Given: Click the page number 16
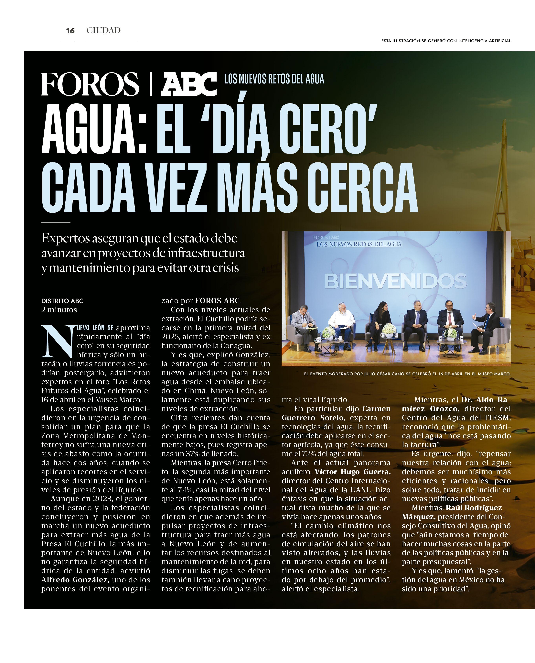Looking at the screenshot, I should (70, 30).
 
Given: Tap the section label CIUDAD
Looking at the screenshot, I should (103, 30).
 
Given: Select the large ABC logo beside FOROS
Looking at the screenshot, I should (189, 84).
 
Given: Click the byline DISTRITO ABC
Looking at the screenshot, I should (62, 301).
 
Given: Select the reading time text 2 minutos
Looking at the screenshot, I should (59, 310).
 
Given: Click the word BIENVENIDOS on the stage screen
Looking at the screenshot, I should (395, 281).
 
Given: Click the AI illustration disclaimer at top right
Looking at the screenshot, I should (446, 41).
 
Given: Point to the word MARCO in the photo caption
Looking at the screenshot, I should (502, 374).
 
